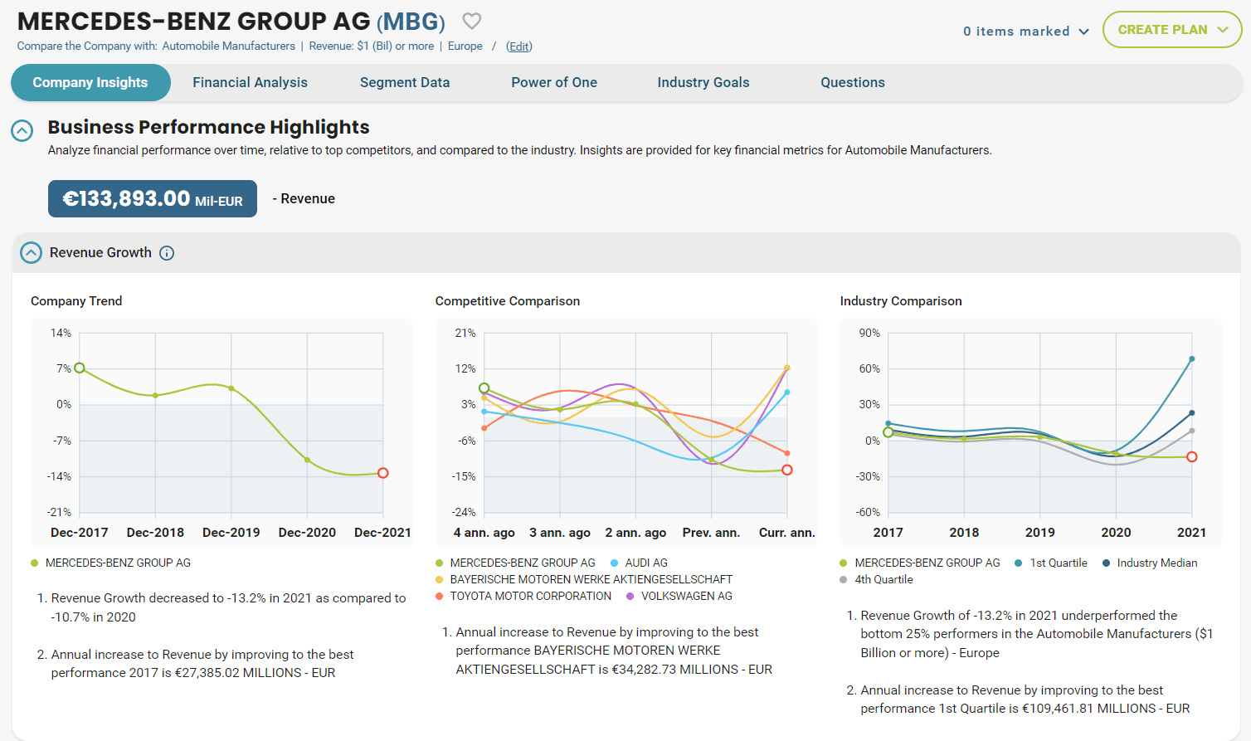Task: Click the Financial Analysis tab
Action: coord(250,82)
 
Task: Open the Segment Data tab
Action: coord(404,82)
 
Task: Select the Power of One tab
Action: coord(554,82)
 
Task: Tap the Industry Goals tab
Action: coord(703,82)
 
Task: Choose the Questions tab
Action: coord(852,82)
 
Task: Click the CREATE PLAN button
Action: coord(1172,30)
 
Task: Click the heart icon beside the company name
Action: coord(472,22)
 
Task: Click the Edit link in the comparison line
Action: coord(518,46)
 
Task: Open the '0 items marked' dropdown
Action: coord(1026,32)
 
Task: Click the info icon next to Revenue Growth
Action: coord(167,253)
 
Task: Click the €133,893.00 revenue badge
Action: coord(153,198)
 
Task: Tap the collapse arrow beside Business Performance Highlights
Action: coord(22,131)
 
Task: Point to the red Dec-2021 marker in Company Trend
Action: coord(382,473)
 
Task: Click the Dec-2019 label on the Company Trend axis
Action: coord(231,533)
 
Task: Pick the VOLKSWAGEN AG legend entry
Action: coord(679,597)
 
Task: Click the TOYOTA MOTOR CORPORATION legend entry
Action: coord(523,597)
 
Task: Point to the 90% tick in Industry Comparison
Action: coord(869,333)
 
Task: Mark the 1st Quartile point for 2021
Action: coord(1192,358)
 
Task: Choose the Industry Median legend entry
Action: coord(1150,563)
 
